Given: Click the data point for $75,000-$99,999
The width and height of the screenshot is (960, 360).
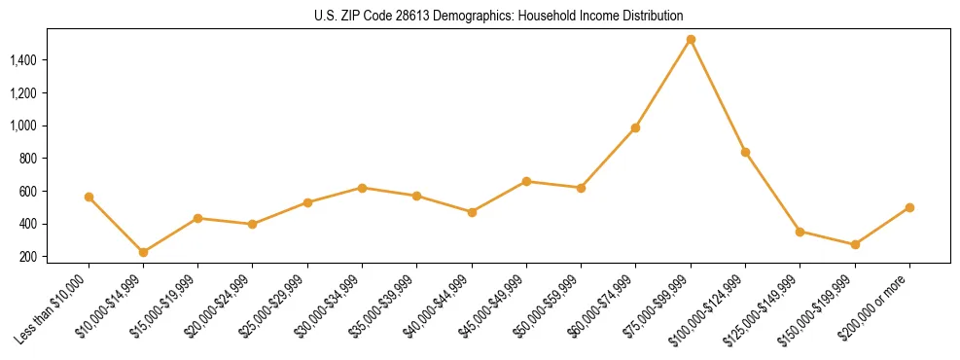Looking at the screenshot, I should pos(691,40).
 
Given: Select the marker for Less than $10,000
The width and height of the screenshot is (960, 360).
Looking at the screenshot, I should pos(89,197).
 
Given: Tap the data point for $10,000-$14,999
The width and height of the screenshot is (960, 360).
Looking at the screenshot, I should pos(143,252).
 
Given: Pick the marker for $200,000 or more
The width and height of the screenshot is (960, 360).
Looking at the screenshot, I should pos(909,207).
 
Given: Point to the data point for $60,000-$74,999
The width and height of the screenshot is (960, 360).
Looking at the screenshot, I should pos(635,127).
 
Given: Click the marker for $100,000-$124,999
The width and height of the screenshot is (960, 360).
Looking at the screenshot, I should pos(745,152).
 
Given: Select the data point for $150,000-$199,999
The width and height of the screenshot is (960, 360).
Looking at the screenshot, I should pos(855,244).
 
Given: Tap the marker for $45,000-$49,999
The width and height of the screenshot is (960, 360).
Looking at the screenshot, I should pos(526,181).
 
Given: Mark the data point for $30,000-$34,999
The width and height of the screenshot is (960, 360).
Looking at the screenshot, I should pos(362,188).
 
